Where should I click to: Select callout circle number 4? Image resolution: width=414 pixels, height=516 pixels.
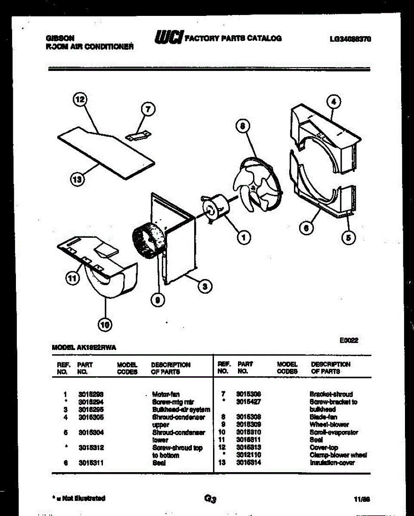pyautogui.click(x=334, y=102)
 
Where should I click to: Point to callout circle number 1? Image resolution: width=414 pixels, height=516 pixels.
pyautogui.click(x=244, y=237)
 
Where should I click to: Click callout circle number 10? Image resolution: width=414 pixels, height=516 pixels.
pyautogui.click(x=105, y=326)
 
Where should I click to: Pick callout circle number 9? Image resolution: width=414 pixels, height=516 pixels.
pyautogui.click(x=158, y=301)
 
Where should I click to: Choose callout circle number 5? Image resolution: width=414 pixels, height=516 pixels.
pyautogui.click(x=349, y=237)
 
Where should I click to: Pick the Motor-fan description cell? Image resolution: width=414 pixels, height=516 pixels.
pyautogui.click(x=166, y=394)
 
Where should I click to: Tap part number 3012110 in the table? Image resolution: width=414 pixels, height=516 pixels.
pyautogui.click(x=248, y=455)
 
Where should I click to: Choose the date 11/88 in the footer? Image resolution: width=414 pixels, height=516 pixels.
pyautogui.click(x=362, y=499)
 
